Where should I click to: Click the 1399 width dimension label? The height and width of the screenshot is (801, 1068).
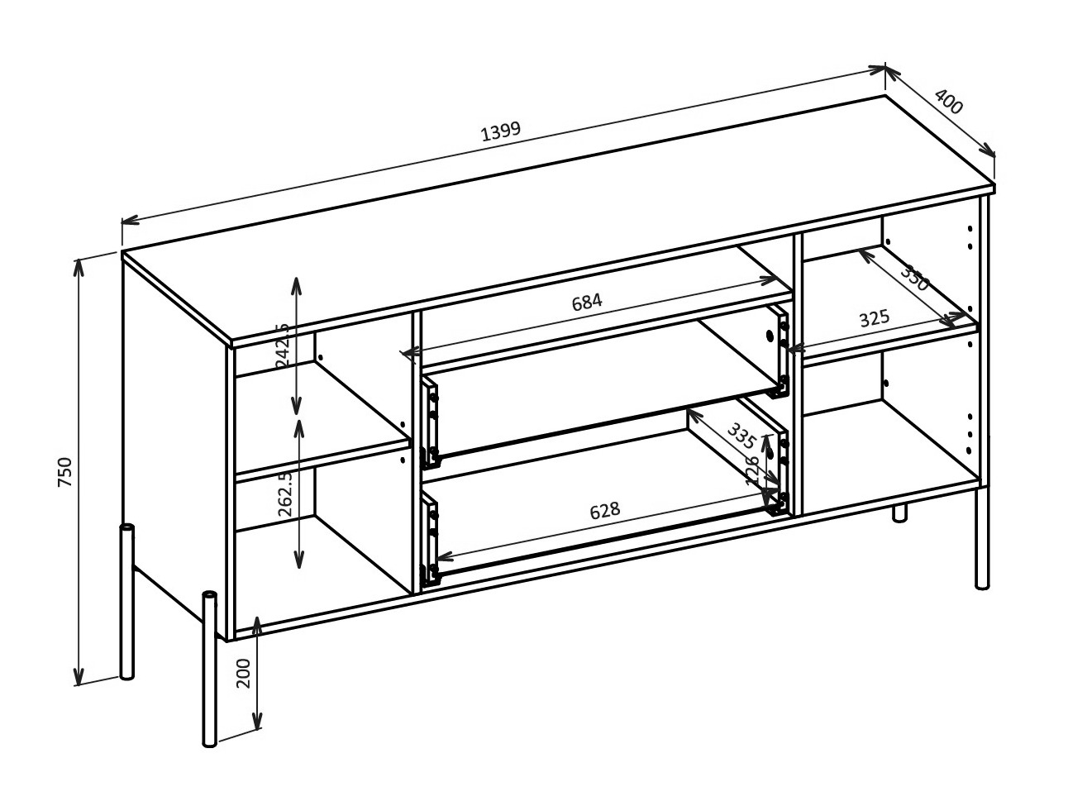[x=500, y=131]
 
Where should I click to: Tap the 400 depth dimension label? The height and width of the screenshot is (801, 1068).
[x=949, y=102]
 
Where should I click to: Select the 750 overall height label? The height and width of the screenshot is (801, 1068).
[x=65, y=472]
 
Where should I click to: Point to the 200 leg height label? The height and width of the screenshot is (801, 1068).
[x=243, y=673]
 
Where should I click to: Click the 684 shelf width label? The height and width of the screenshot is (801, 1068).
[x=587, y=302]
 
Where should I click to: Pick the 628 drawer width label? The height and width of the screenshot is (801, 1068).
[x=604, y=511]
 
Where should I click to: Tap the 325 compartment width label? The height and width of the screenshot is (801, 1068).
[x=874, y=318]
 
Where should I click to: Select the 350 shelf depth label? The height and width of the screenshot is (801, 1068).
[x=915, y=278]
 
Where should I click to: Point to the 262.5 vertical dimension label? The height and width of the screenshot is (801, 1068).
[x=285, y=494]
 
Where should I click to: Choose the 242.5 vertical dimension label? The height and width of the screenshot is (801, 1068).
[x=282, y=346]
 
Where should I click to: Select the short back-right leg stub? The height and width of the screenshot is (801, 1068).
[x=899, y=512]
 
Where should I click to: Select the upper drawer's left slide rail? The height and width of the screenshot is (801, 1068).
[x=430, y=423]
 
